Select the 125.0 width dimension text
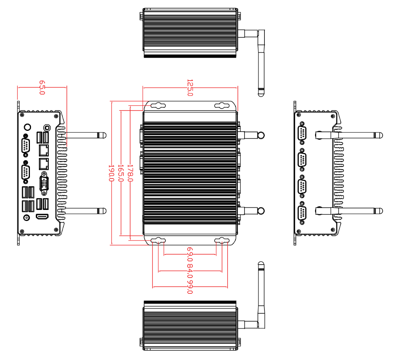tap(190, 87)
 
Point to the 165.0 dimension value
tap(120, 173)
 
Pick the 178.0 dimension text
tap(130, 173)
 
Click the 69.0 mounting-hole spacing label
tap(190, 254)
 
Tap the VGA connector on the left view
tap(44, 183)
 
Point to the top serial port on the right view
tap(302, 133)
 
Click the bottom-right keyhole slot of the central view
tap(222, 241)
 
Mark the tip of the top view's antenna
tap(261, 92)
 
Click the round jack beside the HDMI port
tap(26, 217)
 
